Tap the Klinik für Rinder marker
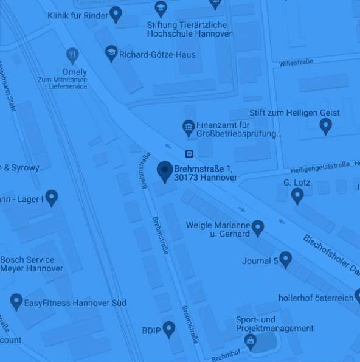tap(116, 14)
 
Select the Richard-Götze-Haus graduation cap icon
tap(111, 53)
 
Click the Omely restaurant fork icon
tap(73, 55)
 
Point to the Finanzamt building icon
tap(189, 128)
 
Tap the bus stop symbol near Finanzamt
tap(189, 154)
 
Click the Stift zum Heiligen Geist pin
tap(326, 126)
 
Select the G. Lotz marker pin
tap(297, 195)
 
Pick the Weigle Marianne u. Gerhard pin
tap(258, 228)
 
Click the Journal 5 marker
tap(285, 260)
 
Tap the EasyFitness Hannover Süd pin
tap(16, 301)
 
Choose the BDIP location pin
tap(168, 329)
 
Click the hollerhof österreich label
tap(316, 298)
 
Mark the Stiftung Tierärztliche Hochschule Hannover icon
tap(161, 8)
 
